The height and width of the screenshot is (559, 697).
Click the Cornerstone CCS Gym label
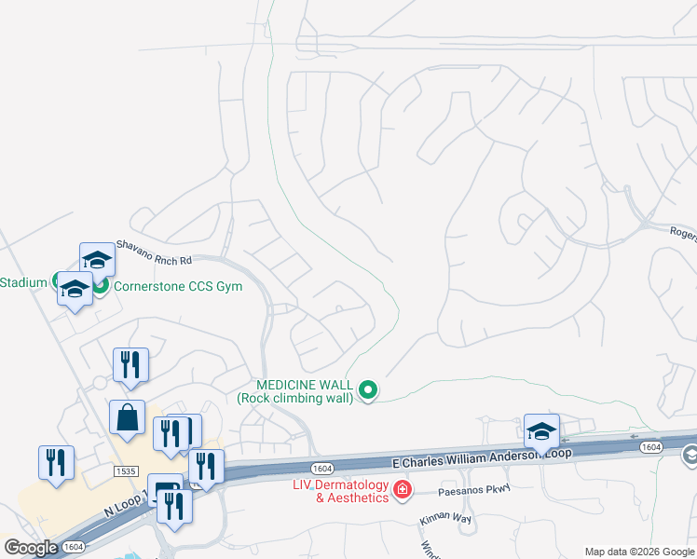(177, 286)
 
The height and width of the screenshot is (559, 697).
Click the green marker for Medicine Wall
(368, 390)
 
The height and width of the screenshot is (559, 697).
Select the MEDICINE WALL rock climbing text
(295, 391)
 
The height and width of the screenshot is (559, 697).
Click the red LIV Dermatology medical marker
(402, 489)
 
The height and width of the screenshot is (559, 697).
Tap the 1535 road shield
(127, 471)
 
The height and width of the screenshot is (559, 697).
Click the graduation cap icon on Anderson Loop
(541, 430)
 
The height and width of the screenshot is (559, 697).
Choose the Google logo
(31, 548)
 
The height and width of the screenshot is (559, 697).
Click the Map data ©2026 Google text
(638, 552)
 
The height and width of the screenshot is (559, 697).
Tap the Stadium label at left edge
(22, 282)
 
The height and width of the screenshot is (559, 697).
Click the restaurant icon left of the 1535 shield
(56, 462)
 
